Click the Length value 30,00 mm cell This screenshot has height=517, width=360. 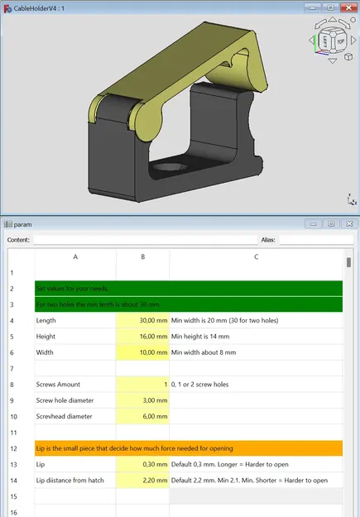point(142,320)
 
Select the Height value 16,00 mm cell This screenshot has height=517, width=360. point(142,337)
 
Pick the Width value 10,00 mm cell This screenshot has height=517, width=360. point(142,352)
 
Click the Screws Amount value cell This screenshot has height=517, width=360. point(142,385)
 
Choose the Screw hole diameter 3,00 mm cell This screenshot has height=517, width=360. point(142,400)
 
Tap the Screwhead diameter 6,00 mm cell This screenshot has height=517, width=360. point(142,417)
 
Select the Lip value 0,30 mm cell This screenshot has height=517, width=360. point(142,465)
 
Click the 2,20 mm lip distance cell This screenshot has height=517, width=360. point(142,481)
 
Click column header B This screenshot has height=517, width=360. point(142,257)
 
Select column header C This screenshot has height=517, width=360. point(256,257)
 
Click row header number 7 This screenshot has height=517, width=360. point(12,368)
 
